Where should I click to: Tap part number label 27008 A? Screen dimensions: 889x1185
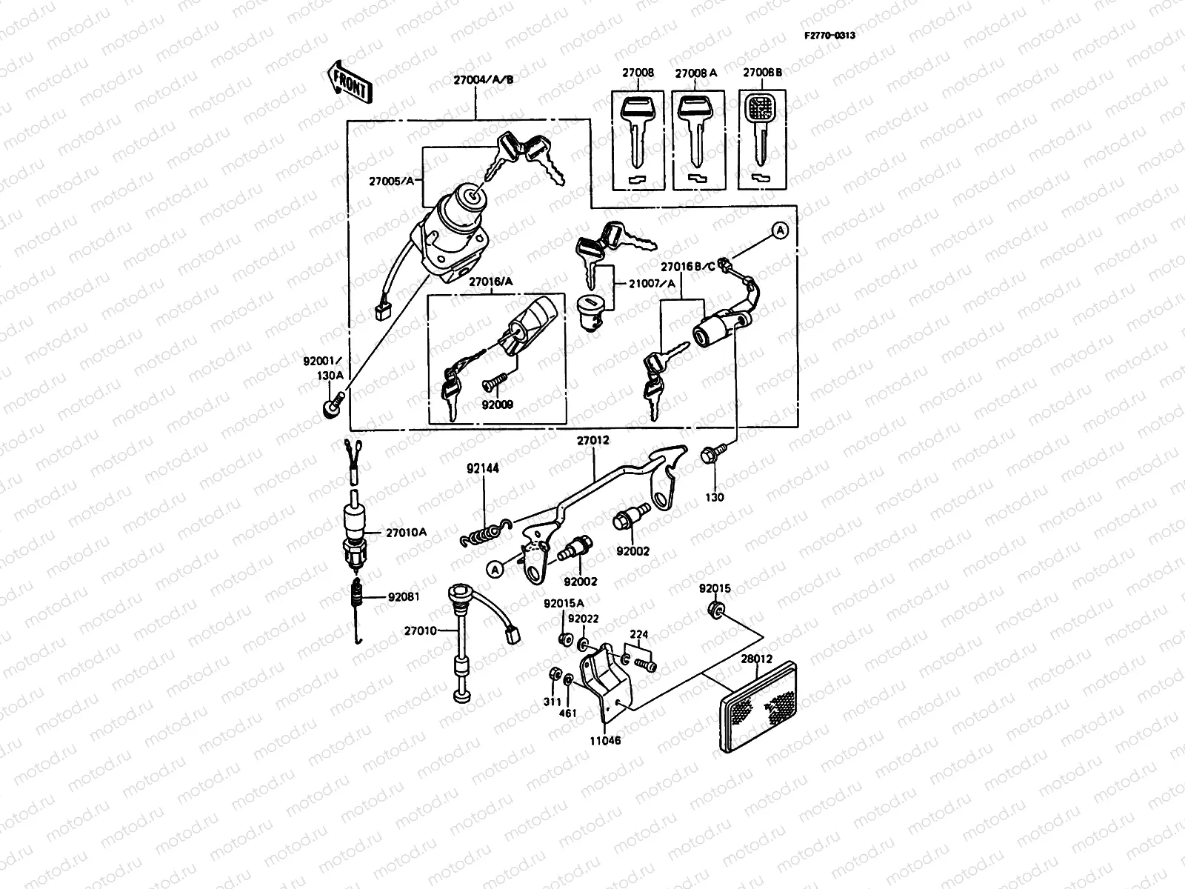(x=696, y=74)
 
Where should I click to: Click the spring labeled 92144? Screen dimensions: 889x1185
(x=485, y=533)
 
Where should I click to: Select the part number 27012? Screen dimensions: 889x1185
(x=593, y=440)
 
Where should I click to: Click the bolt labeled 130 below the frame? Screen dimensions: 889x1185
(x=710, y=457)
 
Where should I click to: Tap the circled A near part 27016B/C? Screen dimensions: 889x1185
(x=780, y=231)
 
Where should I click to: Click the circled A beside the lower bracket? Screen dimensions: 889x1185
(x=494, y=568)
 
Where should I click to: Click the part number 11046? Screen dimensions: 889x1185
(x=607, y=740)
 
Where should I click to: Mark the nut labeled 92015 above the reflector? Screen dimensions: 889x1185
(x=716, y=611)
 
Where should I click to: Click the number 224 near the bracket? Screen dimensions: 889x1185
(x=639, y=634)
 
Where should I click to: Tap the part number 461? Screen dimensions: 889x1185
(x=567, y=713)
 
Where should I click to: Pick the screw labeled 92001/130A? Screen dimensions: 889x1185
(x=333, y=406)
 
